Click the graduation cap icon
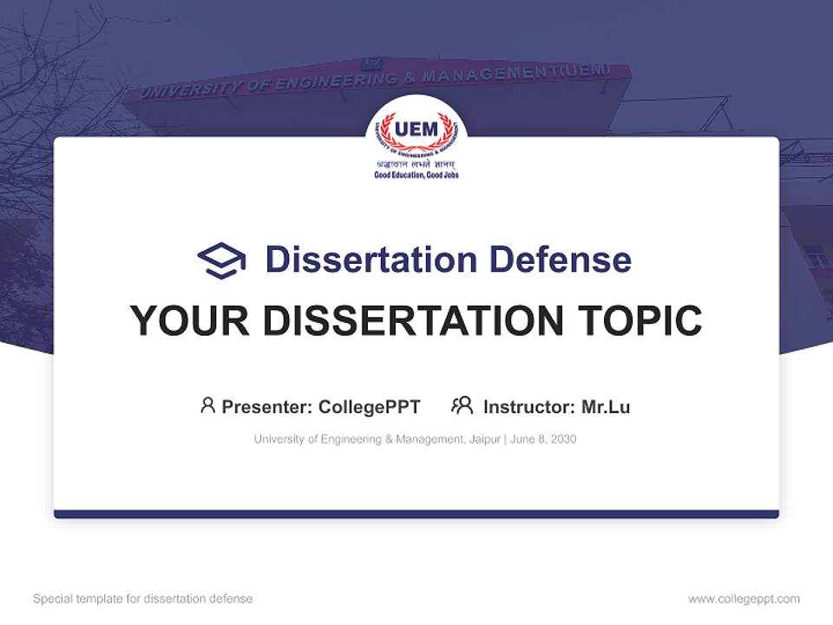click(x=221, y=260)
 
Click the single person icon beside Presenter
click(x=207, y=405)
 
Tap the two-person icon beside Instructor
click(x=462, y=405)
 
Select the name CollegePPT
click(x=370, y=406)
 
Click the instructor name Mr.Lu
click(x=606, y=406)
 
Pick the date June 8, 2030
click(x=543, y=439)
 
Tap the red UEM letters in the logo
click(x=416, y=129)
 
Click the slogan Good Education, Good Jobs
click(x=416, y=174)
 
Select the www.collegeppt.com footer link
click(x=744, y=599)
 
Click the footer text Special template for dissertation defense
click(x=143, y=599)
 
